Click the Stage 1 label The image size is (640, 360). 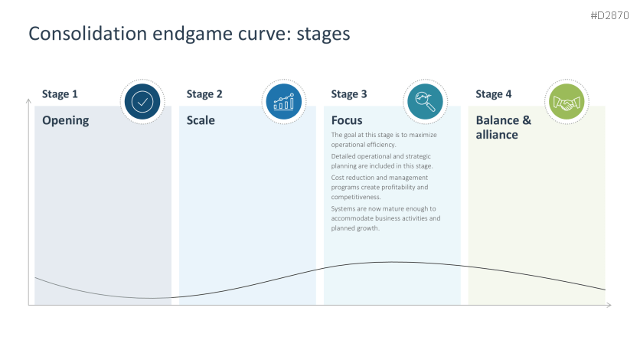[x=60, y=94]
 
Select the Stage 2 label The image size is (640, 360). [x=204, y=94]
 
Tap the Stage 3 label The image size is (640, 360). [x=349, y=94]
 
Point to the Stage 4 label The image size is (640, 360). [x=494, y=94]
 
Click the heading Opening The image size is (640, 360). [x=65, y=120]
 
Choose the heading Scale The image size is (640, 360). [x=201, y=120]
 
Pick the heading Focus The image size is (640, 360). [x=347, y=120]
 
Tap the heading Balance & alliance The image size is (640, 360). [x=503, y=127]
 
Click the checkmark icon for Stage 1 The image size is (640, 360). [x=142, y=102]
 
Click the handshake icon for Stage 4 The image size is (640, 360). [x=567, y=102]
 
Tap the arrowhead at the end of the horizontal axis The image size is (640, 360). [x=609, y=306]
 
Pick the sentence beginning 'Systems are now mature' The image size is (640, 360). [x=385, y=218]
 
